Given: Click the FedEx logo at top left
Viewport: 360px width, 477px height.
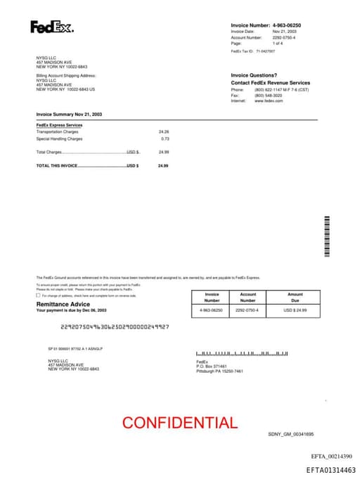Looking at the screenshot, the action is (x=51, y=27).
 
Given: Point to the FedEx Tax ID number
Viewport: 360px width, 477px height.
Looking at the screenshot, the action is (x=266, y=51).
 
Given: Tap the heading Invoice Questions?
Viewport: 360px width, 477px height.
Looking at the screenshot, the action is (x=254, y=75).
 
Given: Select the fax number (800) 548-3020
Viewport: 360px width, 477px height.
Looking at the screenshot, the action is (x=268, y=96).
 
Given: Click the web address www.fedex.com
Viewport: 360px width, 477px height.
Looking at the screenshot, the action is (x=269, y=101).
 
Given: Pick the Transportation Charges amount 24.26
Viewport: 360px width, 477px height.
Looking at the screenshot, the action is (x=164, y=132).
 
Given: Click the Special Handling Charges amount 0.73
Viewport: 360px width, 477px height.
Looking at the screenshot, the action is (x=165, y=139).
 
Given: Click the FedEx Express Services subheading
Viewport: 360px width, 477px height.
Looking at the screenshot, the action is (x=59, y=125).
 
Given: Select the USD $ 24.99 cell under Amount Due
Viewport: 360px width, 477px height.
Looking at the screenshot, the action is (x=295, y=310).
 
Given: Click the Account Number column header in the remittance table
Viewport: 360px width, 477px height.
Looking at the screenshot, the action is (x=248, y=297).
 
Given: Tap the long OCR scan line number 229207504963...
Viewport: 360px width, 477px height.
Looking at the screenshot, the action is (x=115, y=326).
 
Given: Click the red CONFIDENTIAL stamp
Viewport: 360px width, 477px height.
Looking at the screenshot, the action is (x=180, y=423).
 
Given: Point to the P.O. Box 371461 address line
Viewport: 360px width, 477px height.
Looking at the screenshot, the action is (x=212, y=367).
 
